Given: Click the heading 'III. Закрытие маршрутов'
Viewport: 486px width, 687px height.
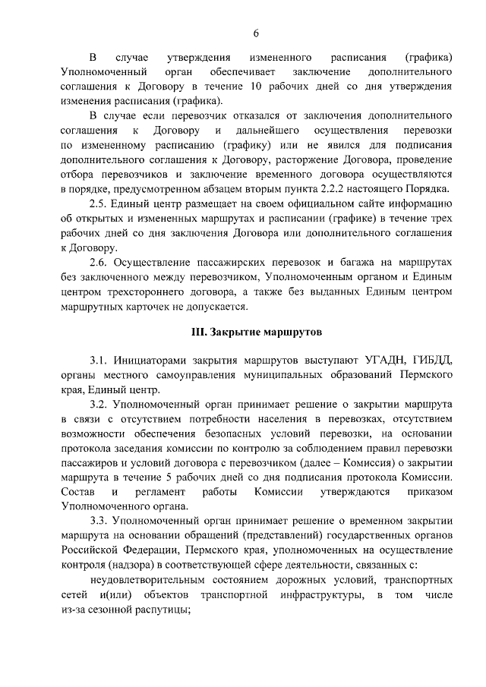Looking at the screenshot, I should tap(257, 332).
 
